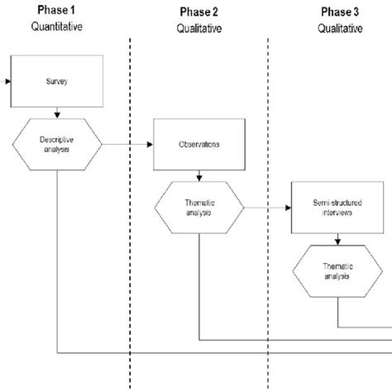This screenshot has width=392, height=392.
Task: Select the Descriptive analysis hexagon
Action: click(56, 144)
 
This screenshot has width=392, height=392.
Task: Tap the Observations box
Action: click(199, 144)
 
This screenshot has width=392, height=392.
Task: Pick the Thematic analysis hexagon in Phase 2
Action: click(199, 207)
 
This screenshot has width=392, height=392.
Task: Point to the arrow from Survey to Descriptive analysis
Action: click(56, 113)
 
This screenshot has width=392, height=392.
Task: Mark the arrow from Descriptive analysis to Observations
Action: click(128, 144)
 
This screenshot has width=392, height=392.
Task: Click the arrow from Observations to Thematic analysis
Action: click(199, 175)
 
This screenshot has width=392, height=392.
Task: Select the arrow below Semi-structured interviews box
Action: click(338, 240)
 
